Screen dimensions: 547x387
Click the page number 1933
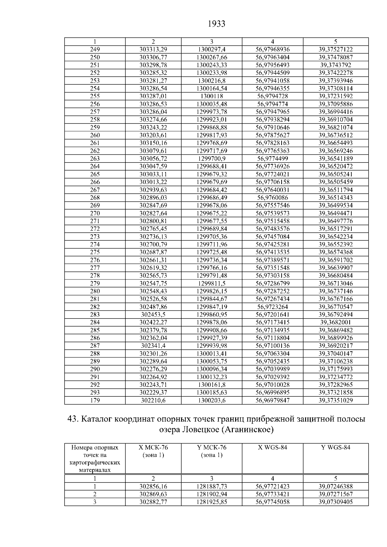point(216,24)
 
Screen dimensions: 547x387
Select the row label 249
point(95,50)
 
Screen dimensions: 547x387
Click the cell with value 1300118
point(212,96)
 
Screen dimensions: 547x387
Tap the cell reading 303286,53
point(153,104)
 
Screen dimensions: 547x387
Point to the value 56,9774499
point(273,159)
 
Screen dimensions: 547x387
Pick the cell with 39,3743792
point(335,65)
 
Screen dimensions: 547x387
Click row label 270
point(95,213)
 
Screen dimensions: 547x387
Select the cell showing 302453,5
point(153,315)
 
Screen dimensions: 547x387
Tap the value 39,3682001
point(335,322)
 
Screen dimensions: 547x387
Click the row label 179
point(95,400)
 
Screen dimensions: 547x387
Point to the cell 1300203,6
point(212,400)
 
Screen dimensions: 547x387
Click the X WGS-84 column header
point(273,447)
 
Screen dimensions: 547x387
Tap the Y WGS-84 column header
point(335,447)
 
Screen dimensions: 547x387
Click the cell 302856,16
point(153,486)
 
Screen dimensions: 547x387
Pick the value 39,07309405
point(335,502)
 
